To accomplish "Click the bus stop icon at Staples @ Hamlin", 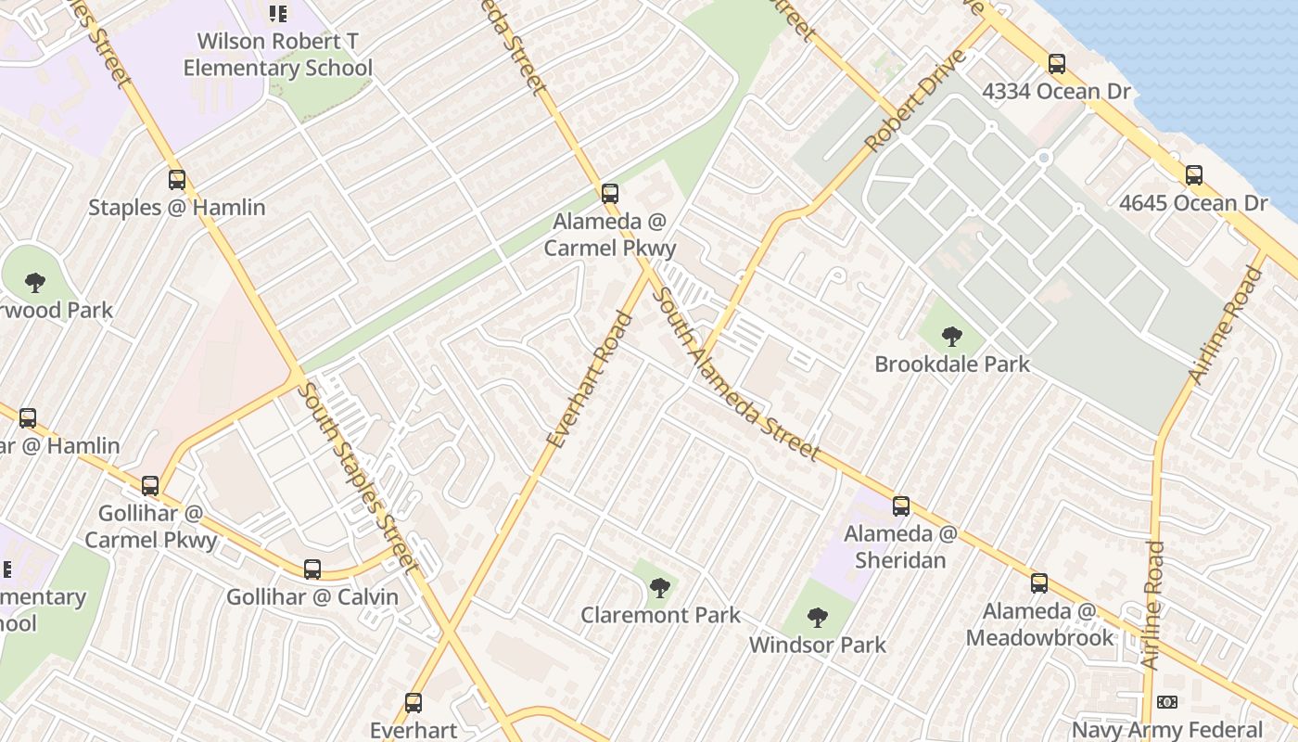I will pyautogui.click(x=176, y=180).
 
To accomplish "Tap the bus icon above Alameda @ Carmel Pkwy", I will pyautogui.click(x=609, y=194).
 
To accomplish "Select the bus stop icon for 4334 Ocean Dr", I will pyautogui.click(x=1056, y=64).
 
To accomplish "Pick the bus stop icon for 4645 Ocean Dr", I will pyautogui.click(x=1193, y=175).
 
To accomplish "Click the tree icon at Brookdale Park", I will pyautogui.click(x=951, y=337).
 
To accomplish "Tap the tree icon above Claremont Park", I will pyautogui.click(x=659, y=587).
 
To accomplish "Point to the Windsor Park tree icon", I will pyautogui.click(x=817, y=617).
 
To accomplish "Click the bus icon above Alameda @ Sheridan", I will pyautogui.click(x=900, y=506).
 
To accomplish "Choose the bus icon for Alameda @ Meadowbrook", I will pyautogui.click(x=1039, y=583).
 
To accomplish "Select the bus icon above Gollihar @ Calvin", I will pyautogui.click(x=312, y=569).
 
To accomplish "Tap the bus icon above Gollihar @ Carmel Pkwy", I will pyautogui.click(x=150, y=485).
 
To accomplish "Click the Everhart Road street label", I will pyautogui.click(x=590, y=380).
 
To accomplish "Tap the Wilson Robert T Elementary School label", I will pyautogui.click(x=277, y=55).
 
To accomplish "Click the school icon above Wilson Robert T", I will pyautogui.click(x=277, y=14).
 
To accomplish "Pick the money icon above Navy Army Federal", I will pyautogui.click(x=1166, y=702).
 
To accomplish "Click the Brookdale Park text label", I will pyautogui.click(x=951, y=365).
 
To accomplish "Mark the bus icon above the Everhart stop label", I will pyautogui.click(x=414, y=703).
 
